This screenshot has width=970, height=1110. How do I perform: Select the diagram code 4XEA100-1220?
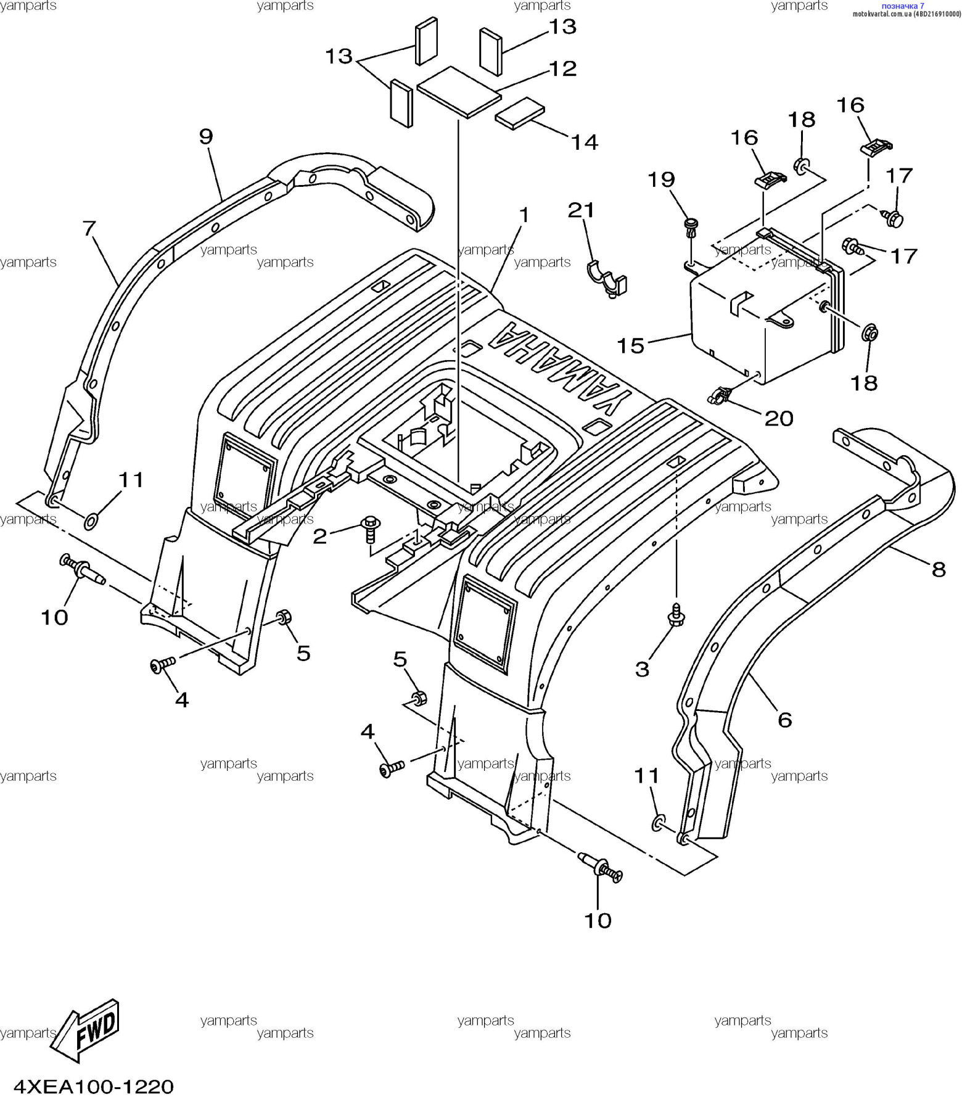coord(94,1086)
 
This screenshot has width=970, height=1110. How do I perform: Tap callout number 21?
coord(581,210)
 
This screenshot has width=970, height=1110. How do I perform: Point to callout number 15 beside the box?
coord(630,345)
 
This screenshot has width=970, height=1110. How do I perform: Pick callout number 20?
coord(778,419)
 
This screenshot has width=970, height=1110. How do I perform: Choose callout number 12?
coord(562,68)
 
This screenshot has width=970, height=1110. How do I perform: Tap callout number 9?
coord(206,136)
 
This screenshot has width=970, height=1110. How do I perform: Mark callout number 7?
coord(89,229)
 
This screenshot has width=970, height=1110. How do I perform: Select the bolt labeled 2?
coord(371,528)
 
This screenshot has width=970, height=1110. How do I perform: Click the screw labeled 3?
coord(676,614)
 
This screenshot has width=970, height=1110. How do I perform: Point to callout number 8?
coord(938,569)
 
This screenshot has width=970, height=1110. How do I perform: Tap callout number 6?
coord(784,719)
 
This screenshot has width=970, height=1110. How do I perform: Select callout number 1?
coord(524,215)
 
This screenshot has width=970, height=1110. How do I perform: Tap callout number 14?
coord(584,142)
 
